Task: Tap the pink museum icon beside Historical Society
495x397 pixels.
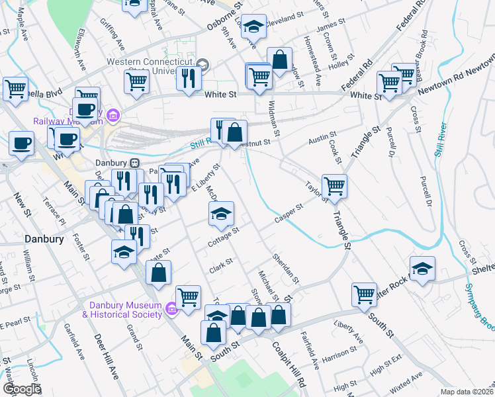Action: (171, 308)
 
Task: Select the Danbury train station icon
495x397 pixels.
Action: (134, 163)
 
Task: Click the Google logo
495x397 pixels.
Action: (22, 389)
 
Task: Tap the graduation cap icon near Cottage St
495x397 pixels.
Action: (222, 212)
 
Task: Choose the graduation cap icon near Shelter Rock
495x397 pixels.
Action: (422, 267)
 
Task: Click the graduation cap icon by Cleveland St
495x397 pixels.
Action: (253, 26)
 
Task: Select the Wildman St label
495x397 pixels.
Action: (274, 118)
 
